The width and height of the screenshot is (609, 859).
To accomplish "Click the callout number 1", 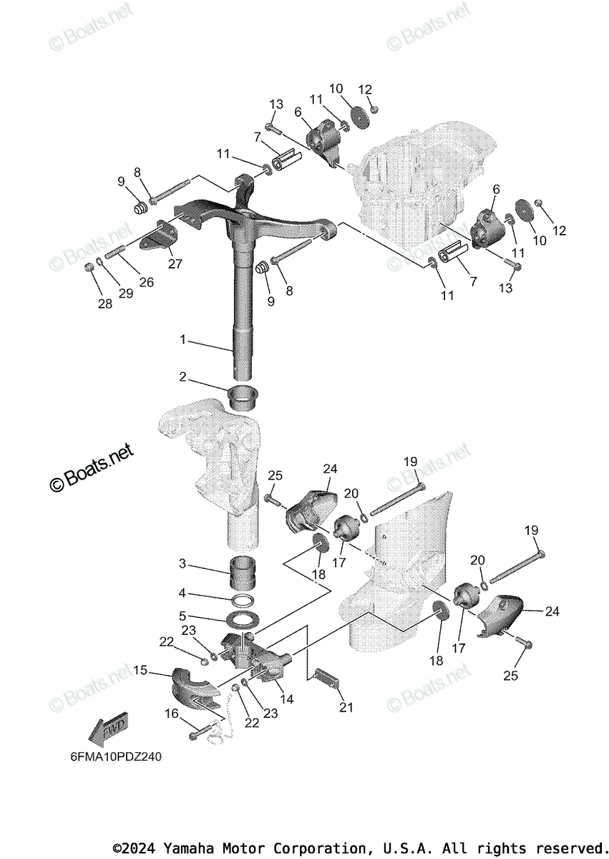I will pyautogui.click(x=182, y=339).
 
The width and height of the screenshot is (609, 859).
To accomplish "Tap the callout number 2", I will pyautogui.click(x=182, y=376).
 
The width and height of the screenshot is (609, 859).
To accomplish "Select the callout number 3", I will pyautogui.click(x=182, y=564).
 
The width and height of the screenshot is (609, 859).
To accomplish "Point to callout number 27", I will pyautogui.click(x=175, y=263).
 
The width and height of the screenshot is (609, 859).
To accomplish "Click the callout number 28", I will pyautogui.click(x=105, y=304).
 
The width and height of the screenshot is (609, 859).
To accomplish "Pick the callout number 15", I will pyautogui.click(x=140, y=671).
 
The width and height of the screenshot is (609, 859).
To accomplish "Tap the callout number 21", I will pyautogui.click(x=346, y=708).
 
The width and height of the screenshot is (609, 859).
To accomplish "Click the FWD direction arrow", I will pyautogui.click(x=107, y=729).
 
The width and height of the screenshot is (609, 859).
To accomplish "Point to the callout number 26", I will pyautogui.click(x=146, y=282).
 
